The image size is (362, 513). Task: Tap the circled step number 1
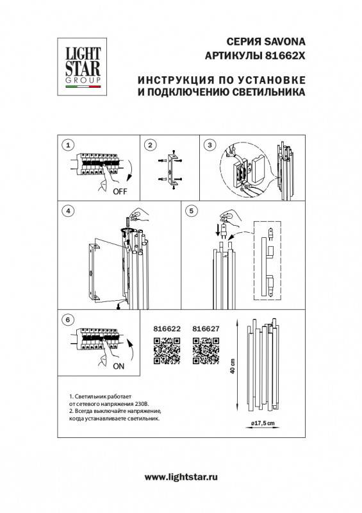pos(70,146)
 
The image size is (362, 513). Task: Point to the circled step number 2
pos(149,146)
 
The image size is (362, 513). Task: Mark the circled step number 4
pos(67,210)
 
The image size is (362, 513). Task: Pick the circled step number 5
pos(191,210)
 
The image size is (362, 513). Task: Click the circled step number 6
pos(67,319)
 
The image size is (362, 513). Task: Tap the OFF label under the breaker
pos(120,191)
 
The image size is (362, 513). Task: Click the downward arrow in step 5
pos(217,229)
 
